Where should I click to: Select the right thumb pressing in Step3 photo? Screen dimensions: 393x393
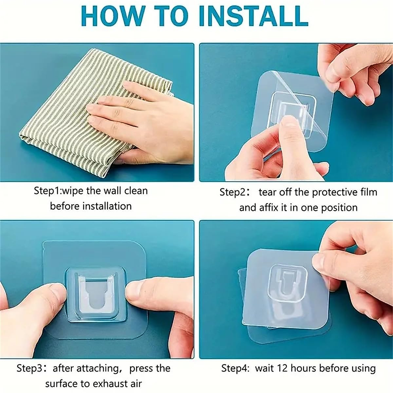click(x=147, y=291)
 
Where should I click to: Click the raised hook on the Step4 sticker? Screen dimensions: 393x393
click(x=287, y=282)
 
